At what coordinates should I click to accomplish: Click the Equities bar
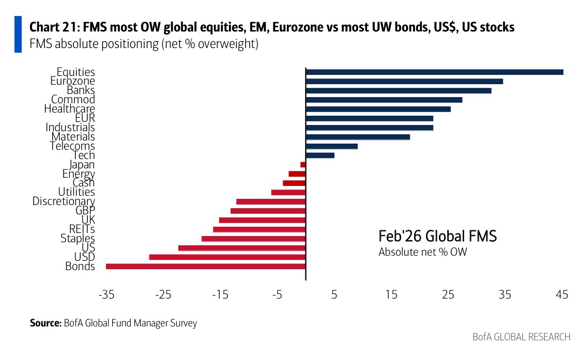[434, 72]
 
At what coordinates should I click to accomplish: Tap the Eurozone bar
[404, 82]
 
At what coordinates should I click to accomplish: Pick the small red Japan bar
[303, 165]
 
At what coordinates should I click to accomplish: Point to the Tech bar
[320, 155]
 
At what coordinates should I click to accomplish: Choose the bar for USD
[227, 257]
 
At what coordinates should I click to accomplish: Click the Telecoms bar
[332, 146]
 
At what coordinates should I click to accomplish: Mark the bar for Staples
[253, 239]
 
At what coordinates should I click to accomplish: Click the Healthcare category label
[70, 109]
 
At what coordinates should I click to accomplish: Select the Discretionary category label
[64, 201]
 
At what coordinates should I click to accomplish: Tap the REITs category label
[82, 229]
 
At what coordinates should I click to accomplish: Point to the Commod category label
[73, 100]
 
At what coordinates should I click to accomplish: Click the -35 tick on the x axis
[106, 295]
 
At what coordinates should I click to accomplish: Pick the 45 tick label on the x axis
[562, 295]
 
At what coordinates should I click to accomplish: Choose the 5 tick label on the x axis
[334, 295]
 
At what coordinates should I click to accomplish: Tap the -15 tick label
[220, 295]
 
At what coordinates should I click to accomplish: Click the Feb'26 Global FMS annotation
[437, 237]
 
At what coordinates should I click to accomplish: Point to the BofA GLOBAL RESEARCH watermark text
[522, 337]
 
